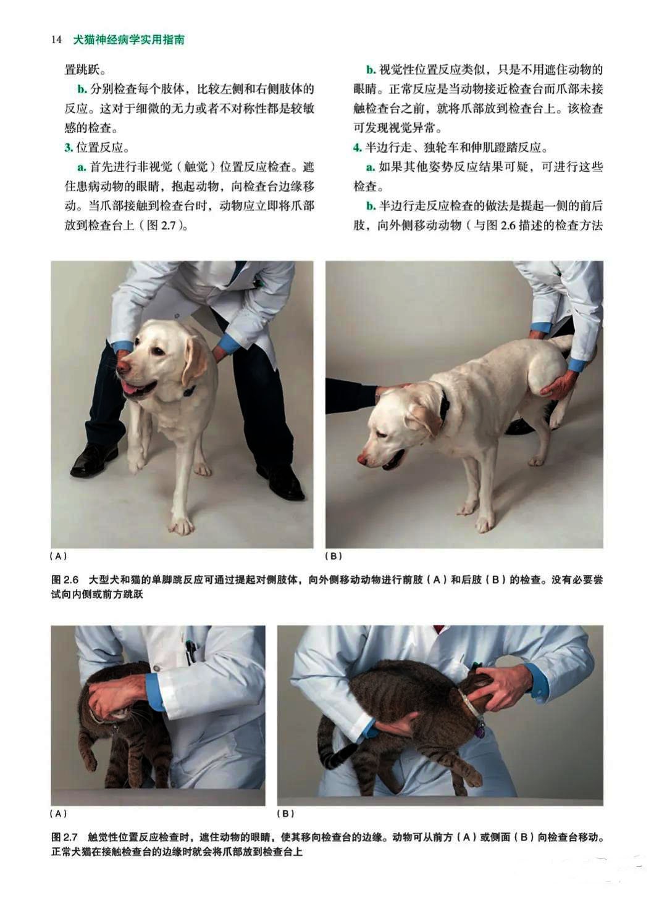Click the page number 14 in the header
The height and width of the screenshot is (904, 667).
57,39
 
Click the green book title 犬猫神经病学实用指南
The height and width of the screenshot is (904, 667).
129,39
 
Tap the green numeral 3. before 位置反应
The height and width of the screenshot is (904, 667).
69,147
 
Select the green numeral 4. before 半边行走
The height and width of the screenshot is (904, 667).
358,147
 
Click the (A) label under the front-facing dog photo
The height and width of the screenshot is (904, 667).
58,556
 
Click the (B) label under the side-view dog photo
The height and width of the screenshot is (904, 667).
333,556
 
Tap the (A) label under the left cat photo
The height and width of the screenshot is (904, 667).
58,813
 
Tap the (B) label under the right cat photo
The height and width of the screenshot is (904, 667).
286,813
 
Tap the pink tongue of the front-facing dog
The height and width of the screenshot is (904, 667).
132,388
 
